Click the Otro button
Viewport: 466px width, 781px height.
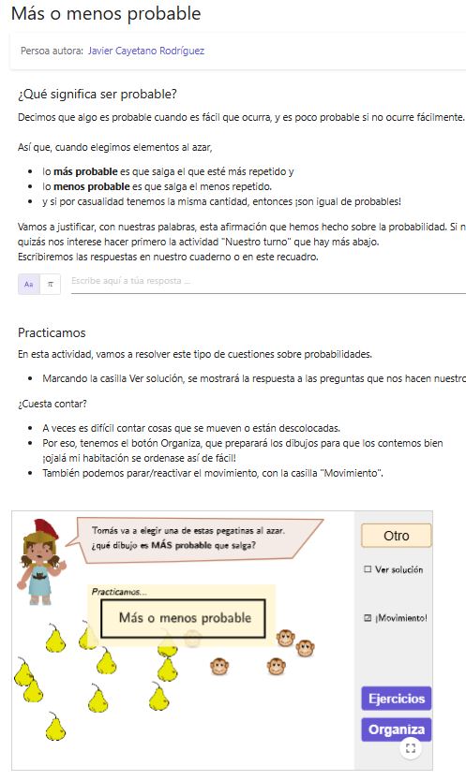[396, 536]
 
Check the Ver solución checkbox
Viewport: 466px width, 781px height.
[368, 569]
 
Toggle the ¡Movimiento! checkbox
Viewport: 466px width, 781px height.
[368, 618]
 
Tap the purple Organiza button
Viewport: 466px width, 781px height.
[396, 729]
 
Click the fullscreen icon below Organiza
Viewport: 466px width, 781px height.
[410, 747]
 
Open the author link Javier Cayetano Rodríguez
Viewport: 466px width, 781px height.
[145, 52]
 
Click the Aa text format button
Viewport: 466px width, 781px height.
[29, 284]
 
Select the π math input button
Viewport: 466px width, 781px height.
[51, 284]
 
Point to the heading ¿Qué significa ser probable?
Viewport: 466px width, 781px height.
[98, 94]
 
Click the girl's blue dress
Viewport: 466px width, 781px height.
[39, 586]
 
